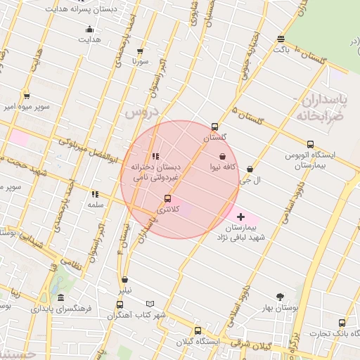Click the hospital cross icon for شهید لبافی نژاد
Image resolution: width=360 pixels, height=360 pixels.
click(x=241, y=217)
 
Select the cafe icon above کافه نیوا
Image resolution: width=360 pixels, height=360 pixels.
click(x=223, y=157)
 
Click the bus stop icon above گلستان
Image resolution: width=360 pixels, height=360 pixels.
click(x=214, y=127)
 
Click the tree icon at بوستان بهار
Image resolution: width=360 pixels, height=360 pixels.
click(x=281, y=297)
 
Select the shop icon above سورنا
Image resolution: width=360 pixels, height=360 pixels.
click(x=140, y=51)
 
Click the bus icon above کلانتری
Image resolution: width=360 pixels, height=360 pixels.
click(x=167, y=199)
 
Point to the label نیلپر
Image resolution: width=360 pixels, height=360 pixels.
click(x=124, y=290)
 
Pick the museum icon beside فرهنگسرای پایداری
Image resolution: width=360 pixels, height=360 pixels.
click(x=61, y=298)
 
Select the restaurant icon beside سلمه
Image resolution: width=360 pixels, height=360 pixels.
click(x=95, y=194)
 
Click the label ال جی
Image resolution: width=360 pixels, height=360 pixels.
click(x=250, y=180)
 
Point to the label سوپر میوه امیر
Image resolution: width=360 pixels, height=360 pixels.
click(x=27, y=107)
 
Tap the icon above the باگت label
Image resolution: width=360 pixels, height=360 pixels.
click(x=281, y=39)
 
